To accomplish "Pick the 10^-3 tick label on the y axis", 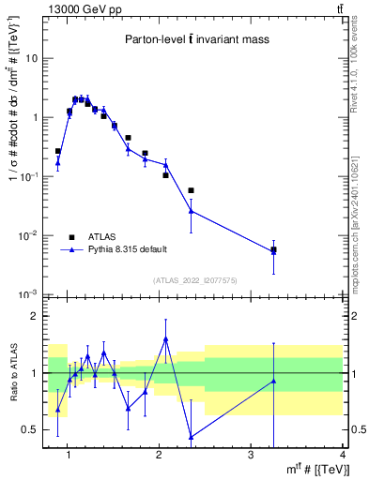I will (27, 294).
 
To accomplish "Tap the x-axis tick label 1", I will (66, 455).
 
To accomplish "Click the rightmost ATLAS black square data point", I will (273, 250).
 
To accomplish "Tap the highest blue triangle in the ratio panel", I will (166, 339).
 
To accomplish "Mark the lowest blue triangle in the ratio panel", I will (192, 437).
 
